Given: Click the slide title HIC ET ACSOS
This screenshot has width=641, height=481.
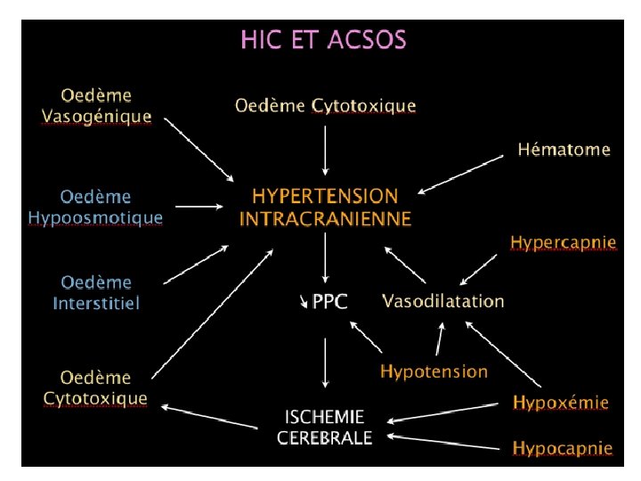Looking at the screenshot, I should tap(323, 40).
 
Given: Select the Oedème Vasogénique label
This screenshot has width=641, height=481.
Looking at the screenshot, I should tap(96, 105).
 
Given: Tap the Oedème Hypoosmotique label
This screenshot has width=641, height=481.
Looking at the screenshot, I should tap(95, 207).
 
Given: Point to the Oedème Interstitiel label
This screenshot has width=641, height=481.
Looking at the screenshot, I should tap(95, 293).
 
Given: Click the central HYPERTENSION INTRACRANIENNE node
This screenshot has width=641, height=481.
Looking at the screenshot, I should tap(325, 207).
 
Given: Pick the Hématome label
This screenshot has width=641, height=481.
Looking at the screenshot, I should tap(564, 150).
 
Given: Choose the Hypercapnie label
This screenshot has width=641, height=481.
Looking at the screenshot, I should tap(563, 242).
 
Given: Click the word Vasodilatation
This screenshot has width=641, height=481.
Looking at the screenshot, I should tap(442, 301).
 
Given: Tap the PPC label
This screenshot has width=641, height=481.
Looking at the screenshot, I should tap(329, 303).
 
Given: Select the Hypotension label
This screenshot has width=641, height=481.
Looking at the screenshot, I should tap(434, 371).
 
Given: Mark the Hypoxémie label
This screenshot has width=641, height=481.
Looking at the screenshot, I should tap(561, 403).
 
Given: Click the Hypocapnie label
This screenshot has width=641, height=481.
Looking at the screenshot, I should tap(562, 448).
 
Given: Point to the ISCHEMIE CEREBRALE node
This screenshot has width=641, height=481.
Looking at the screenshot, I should tap(324, 427).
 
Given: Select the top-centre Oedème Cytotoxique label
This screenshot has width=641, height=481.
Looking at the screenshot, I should tap(325, 106).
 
